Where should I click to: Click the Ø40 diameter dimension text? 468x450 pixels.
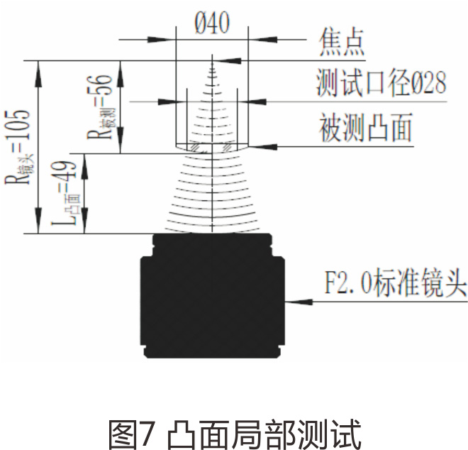pyautogui.click(x=211, y=24)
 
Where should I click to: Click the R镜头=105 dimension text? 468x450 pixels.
pyautogui.click(x=19, y=146)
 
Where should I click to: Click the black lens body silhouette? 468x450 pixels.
pyautogui.click(x=212, y=298)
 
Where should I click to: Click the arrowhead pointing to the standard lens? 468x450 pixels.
pyautogui.click(x=290, y=302)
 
